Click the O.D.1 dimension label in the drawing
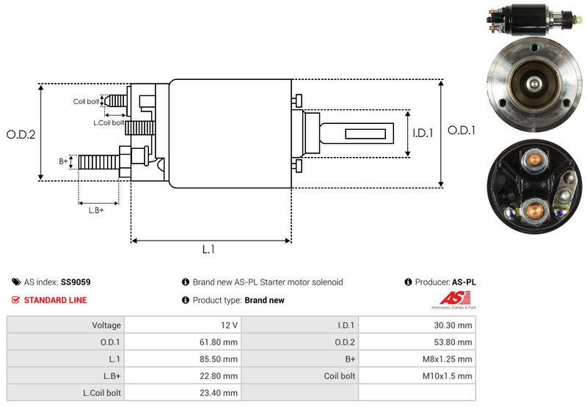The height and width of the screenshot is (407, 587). point(462,131)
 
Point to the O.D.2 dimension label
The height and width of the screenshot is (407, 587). point(21,134)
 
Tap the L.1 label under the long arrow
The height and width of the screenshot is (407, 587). point(208,249)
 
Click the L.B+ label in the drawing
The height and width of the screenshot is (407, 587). point(96,210)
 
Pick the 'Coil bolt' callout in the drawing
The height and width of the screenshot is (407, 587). point(86,101)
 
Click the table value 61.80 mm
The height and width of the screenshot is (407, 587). point(219,342)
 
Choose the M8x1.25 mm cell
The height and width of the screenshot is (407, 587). point(448,359)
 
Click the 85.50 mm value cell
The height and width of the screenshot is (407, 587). point(219,359)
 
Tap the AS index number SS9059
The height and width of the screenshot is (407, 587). point(76,282)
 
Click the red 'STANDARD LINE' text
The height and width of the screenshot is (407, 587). point(55,300)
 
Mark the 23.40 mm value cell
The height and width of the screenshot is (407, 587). point(219,392)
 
